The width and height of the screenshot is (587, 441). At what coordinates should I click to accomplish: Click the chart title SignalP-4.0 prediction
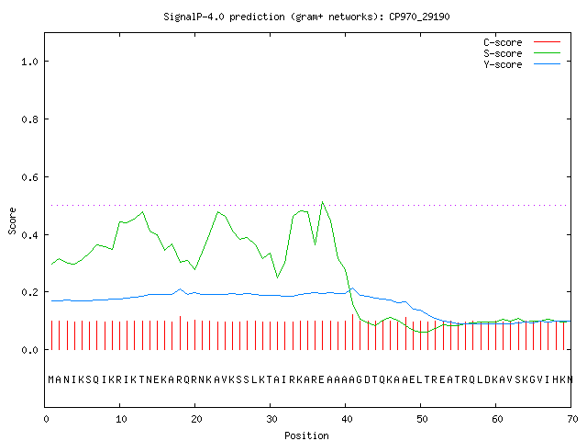(224, 17)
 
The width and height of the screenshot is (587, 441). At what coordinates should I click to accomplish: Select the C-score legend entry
(522, 42)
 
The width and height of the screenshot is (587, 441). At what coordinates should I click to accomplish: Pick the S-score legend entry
(522, 53)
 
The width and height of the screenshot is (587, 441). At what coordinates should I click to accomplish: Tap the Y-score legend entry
(522, 64)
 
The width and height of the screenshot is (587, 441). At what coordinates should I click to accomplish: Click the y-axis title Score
(12, 221)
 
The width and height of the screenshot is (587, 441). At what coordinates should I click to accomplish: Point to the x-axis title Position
(306, 435)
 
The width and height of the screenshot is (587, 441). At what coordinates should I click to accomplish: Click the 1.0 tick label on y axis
(29, 62)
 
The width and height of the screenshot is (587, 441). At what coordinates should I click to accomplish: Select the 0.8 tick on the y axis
(29, 119)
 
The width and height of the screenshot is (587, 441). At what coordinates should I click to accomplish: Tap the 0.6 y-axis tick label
(29, 177)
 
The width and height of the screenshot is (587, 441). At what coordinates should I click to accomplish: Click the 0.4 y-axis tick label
(29, 235)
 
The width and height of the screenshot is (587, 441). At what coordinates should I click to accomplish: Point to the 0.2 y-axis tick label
(29, 292)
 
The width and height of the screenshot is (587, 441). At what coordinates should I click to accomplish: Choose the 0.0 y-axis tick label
(29, 350)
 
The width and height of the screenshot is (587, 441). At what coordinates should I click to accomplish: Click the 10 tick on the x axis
(121, 419)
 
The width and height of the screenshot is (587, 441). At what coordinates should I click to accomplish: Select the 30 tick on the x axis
(271, 419)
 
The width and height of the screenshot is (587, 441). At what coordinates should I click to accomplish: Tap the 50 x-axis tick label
(422, 419)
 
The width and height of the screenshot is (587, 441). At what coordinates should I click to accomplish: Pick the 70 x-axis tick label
(572, 419)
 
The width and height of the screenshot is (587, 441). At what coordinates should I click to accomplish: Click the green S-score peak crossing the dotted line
(322, 202)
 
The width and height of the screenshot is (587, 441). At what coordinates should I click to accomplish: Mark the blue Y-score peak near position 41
(352, 288)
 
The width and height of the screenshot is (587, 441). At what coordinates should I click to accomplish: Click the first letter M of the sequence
(51, 379)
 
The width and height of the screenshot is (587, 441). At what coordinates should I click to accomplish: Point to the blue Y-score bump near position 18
(180, 289)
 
